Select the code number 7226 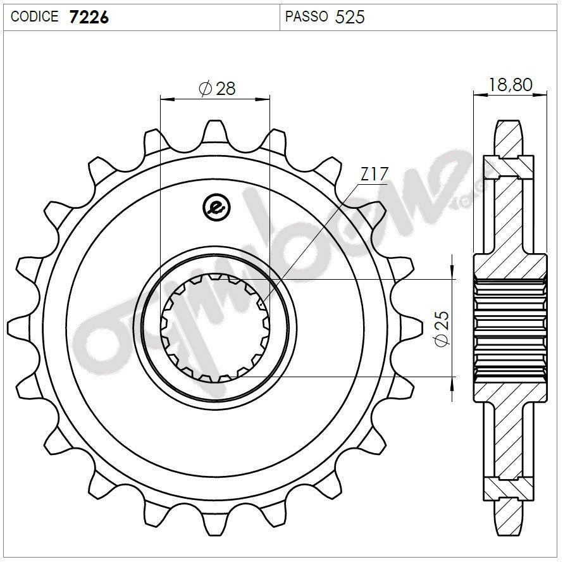tap(88, 16)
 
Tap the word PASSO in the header tap(306, 16)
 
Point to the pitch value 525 tap(350, 16)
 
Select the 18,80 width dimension tap(510, 84)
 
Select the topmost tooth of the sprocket tap(215, 130)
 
